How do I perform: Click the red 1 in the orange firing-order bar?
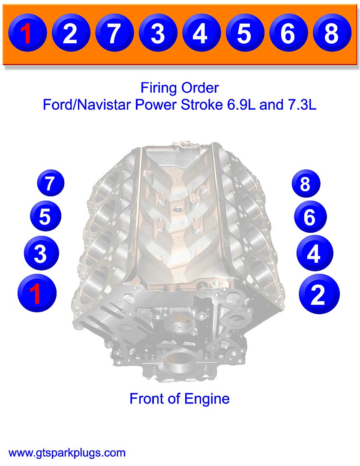(x=27, y=33)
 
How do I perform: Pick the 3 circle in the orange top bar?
(x=158, y=33)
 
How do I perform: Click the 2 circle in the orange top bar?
(x=70, y=33)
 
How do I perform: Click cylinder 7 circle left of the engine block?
(x=50, y=183)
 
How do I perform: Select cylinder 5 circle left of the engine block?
(x=45, y=216)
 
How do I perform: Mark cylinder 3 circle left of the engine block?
(x=40, y=254)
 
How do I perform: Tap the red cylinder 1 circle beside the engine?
(x=36, y=294)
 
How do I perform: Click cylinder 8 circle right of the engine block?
(x=306, y=184)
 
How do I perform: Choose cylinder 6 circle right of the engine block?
(x=310, y=217)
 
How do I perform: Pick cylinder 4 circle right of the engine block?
(x=314, y=254)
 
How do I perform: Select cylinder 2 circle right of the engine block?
(x=318, y=294)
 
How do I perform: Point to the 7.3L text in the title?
(x=300, y=104)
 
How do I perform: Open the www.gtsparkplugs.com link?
(x=67, y=453)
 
